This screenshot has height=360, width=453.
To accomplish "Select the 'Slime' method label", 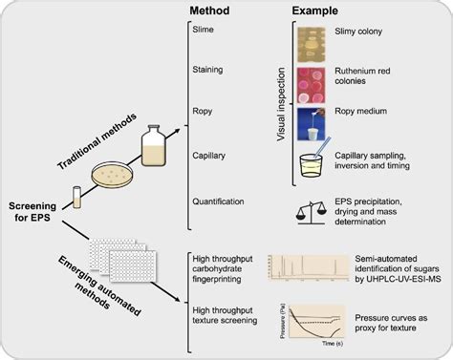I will coord(205,31).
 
